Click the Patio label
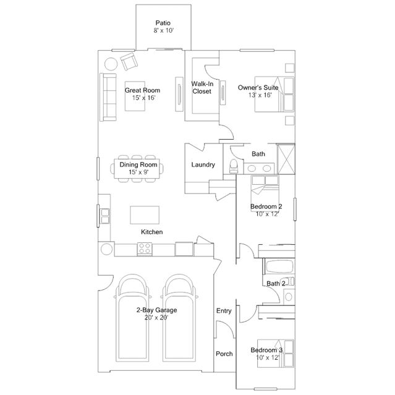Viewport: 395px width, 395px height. (x=163, y=23)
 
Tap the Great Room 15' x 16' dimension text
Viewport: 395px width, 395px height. (x=143, y=98)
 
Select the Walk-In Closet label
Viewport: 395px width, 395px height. (x=202, y=87)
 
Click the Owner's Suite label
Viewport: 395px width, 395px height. (x=258, y=87)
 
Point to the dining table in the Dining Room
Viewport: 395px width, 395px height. (x=137, y=169)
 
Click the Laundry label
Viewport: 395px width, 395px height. (x=203, y=165)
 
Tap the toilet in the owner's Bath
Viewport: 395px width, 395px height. (x=234, y=166)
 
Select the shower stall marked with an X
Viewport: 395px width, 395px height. (x=286, y=159)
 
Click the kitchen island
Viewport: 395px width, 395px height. (x=145, y=215)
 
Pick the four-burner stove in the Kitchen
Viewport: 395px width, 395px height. (x=145, y=248)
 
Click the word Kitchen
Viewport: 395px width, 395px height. (x=151, y=232)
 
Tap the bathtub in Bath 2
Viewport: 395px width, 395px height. (x=279, y=266)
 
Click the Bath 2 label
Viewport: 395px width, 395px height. (x=276, y=283)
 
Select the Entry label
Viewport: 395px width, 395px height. (x=224, y=311)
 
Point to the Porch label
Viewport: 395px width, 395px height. (x=224, y=354)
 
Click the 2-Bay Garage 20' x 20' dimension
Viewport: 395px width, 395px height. (x=156, y=317)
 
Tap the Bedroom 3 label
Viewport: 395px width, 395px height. (x=266, y=350)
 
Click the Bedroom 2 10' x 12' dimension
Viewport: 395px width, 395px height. (x=267, y=214)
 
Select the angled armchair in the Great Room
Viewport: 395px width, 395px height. (x=129, y=62)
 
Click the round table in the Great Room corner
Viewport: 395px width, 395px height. (x=111, y=64)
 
